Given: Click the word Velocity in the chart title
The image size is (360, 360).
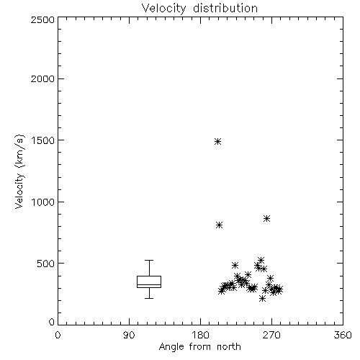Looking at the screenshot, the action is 164,9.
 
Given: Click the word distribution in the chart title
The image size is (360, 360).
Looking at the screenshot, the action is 225,8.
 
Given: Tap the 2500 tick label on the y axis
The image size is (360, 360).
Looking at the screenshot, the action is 42,19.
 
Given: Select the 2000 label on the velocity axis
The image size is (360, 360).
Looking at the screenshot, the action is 42,78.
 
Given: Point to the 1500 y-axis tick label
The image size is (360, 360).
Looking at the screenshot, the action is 42,140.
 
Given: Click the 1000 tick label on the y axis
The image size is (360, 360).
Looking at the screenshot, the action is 42,202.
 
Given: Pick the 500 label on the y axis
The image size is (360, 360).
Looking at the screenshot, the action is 45,264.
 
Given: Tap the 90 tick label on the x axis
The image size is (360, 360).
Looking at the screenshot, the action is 129,335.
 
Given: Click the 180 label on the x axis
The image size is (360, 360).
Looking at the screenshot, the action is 200,335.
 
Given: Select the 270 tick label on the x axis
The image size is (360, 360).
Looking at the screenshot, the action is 271,335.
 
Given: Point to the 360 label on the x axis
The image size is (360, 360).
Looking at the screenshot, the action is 343,335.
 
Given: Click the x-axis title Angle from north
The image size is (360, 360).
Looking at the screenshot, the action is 199,347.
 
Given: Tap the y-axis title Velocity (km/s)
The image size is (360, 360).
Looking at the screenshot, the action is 19,171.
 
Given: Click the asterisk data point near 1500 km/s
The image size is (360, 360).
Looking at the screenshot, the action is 217,141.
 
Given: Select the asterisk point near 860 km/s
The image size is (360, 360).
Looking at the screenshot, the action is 266,218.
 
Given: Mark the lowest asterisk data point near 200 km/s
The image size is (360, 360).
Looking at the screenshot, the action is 262,299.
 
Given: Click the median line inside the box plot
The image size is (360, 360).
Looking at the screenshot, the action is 149,284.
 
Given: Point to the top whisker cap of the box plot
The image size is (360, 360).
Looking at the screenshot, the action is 149,260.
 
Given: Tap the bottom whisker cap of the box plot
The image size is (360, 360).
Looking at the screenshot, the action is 149,298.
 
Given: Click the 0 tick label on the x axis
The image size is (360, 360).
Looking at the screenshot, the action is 58,335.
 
